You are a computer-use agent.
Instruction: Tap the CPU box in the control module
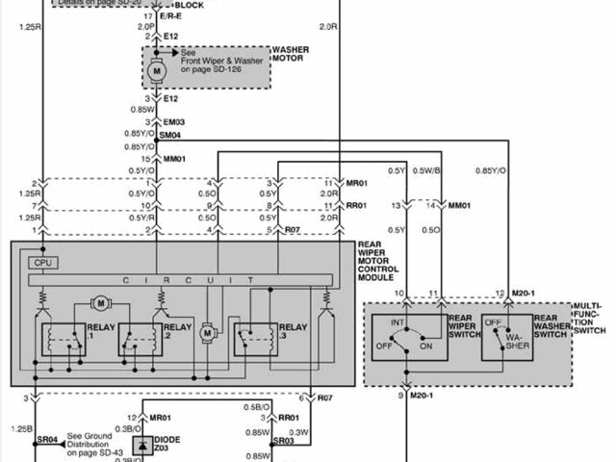pos(40,262)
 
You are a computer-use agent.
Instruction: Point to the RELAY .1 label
pos(100,332)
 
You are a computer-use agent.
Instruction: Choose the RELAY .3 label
pos(293,332)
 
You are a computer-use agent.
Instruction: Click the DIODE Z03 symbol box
pos(142,446)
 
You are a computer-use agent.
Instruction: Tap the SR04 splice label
pos(48,439)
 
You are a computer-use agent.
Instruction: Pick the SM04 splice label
pos(169,135)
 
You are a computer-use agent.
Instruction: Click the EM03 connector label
pos(173,122)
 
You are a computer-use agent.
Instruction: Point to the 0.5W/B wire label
pos(427,171)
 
